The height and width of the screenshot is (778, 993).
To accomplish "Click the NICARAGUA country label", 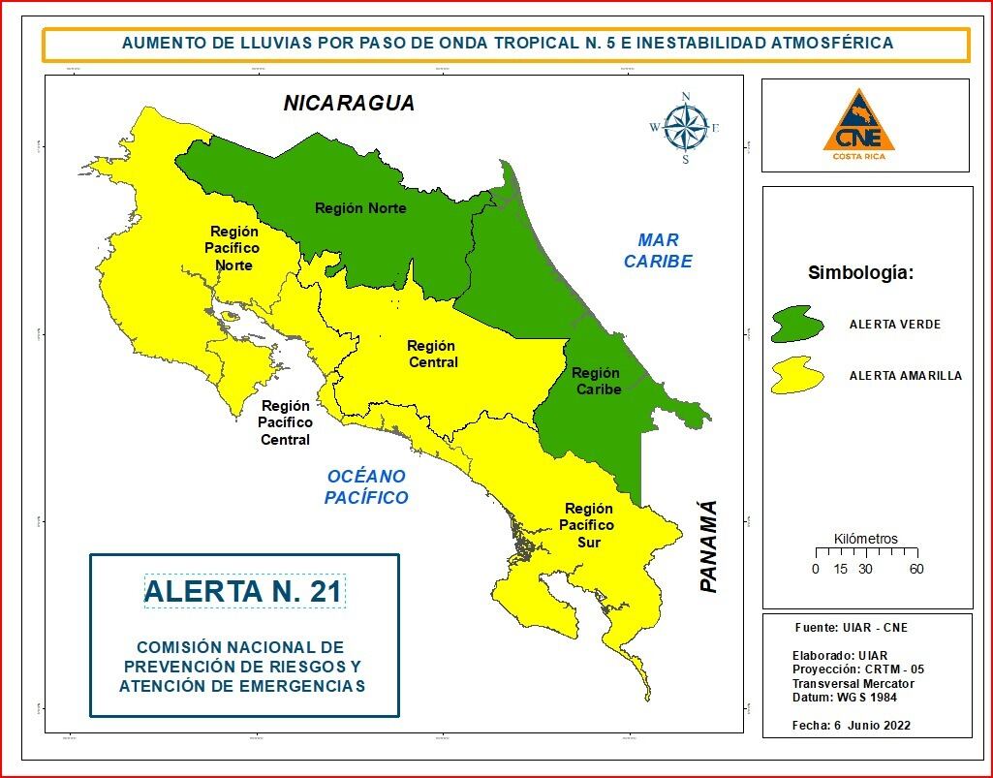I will [x=349, y=103].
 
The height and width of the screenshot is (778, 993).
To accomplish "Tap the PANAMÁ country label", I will [x=709, y=546].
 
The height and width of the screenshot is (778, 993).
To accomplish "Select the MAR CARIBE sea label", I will [x=658, y=251].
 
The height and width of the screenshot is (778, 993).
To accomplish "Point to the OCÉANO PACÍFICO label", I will [x=366, y=487].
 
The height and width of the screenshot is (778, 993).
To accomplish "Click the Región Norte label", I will [x=360, y=208].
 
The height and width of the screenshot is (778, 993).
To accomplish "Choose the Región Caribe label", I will [x=596, y=381].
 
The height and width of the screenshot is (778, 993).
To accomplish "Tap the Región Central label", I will [x=431, y=354].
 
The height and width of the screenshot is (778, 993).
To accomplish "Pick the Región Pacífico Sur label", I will [x=589, y=525].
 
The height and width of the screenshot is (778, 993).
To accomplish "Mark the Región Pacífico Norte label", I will [x=234, y=248].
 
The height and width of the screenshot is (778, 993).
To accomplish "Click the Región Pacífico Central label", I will [x=285, y=423].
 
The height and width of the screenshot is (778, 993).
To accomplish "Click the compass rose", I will [x=685, y=127].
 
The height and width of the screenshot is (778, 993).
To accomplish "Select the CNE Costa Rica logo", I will [x=858, y=125].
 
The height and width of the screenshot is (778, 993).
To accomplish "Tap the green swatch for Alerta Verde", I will [x=797, y=324].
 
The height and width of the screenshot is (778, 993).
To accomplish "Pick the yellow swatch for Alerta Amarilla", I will [x=796, y=375].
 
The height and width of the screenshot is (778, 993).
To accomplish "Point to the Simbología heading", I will [x=860, y=273].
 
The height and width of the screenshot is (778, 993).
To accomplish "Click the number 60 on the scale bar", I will [x=915, y=569].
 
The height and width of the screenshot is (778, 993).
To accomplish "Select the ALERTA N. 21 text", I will [x=244, y=591].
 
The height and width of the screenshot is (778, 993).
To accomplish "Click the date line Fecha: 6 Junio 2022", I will [x=851, y=726].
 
